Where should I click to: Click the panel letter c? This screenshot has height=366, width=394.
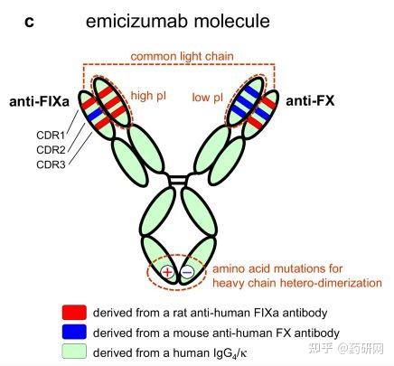(29, 22)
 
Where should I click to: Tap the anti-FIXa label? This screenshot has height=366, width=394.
(39, 101)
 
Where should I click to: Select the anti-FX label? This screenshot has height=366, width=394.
(310, 100)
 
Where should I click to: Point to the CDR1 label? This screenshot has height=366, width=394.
(51, 136)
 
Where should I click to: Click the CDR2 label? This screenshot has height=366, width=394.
(51, 150)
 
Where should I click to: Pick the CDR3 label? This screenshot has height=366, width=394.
(51, 164)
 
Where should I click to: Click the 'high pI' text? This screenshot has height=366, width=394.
(148, 96)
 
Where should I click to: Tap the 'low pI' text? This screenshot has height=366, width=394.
(208, 98)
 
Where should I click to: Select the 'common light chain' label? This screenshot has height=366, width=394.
(182, 56)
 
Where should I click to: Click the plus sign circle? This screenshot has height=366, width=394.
(168, 273)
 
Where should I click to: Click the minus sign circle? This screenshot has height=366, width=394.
(187, 273)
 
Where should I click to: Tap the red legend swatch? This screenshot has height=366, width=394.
(74, 313)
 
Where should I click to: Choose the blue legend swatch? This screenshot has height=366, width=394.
(74, 332)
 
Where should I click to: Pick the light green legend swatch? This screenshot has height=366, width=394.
(74, 352)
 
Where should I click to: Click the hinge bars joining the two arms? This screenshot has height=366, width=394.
(178, 180)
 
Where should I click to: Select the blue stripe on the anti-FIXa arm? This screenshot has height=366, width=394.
(95, 113)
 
